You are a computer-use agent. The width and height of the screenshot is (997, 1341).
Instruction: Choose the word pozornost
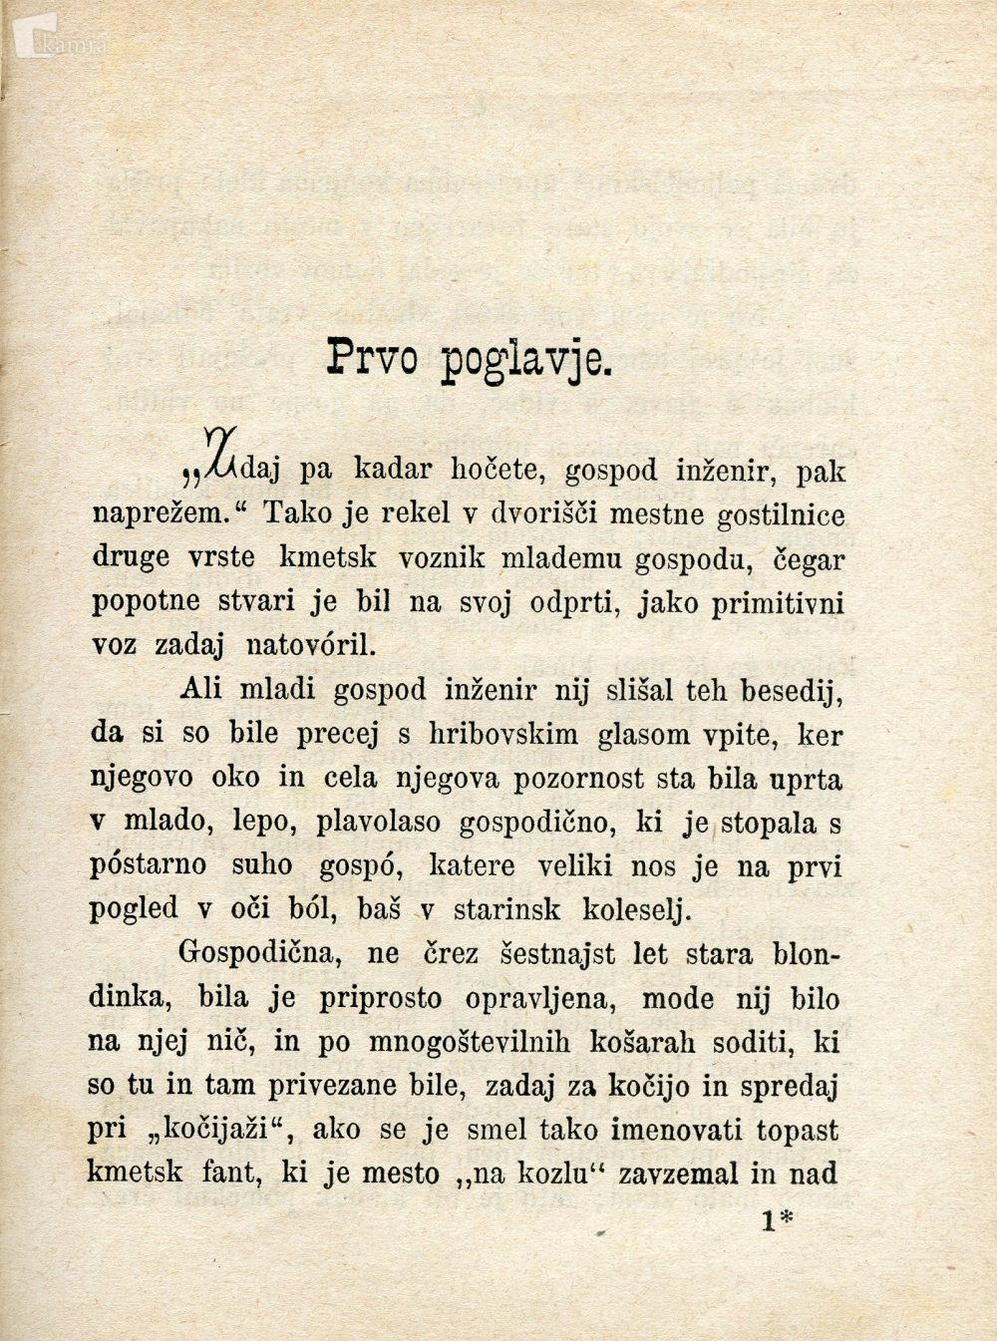[578, 779]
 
